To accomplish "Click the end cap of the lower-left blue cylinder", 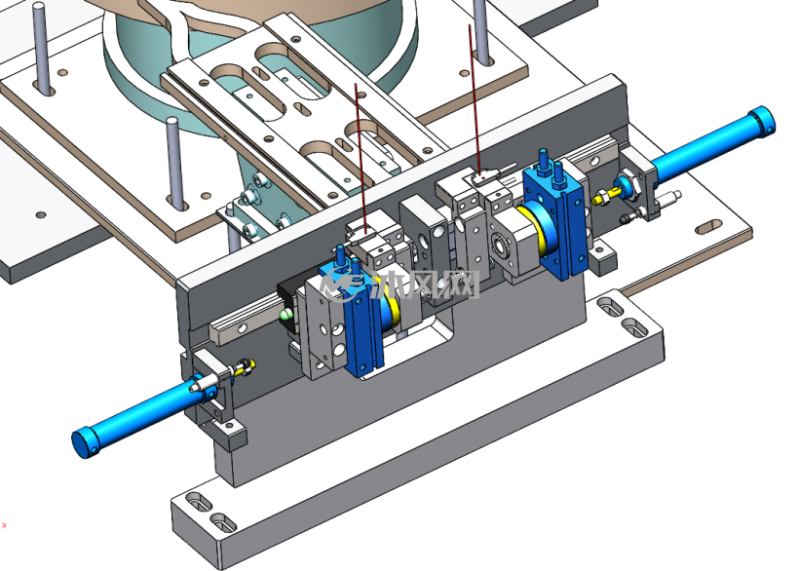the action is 86,442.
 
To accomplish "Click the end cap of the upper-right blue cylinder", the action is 762,121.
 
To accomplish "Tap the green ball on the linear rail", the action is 285,316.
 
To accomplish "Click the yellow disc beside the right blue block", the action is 542,228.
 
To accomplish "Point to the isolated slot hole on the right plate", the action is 708,227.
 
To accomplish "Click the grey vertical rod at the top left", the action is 41,49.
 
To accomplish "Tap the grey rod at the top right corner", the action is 481,31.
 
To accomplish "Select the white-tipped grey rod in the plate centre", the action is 175,163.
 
